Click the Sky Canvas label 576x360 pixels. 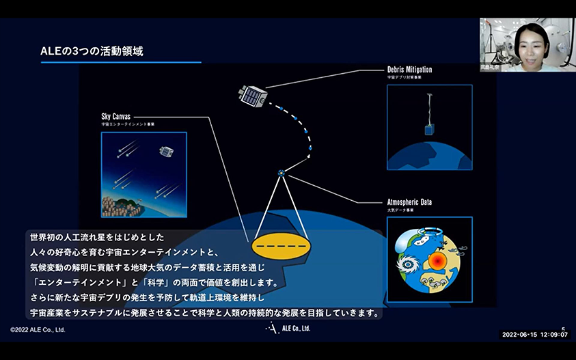tap(115, 116)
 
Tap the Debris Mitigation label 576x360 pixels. tap(409, 70)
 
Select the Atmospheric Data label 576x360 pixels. tap(409, 202)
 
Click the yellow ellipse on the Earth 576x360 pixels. tap(281, 245)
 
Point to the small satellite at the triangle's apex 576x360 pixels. tap(281, 174)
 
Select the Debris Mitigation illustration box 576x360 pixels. tap(429, 127)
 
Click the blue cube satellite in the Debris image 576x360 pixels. tap(429, 129)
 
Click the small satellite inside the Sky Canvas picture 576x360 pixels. tap(166, 150)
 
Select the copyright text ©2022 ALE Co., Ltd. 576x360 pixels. tap(38, 329)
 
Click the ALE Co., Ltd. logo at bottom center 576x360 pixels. tap(288, 329)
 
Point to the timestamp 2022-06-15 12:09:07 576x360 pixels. tap(535, 335)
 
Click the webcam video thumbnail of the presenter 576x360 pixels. tap(527, 44)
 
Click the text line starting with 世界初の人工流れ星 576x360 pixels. tap(96, 236)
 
